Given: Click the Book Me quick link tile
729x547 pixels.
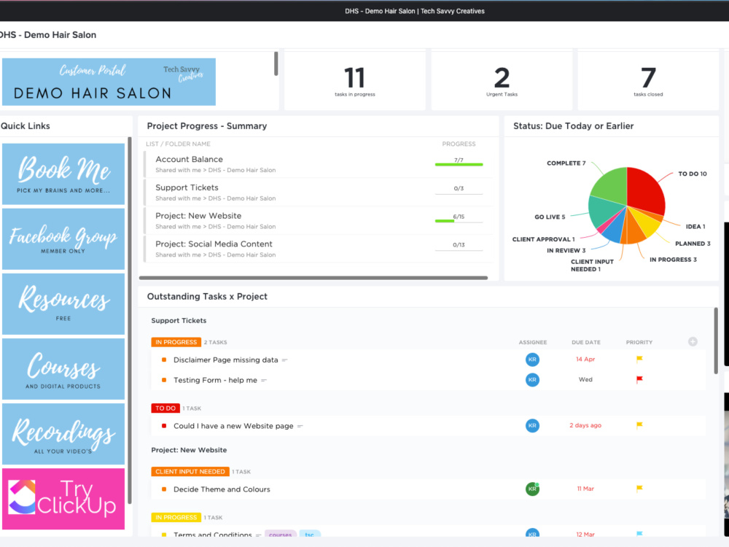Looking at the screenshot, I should click(x=63, y=174).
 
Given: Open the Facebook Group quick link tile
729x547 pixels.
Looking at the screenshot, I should click(x=63, y=238).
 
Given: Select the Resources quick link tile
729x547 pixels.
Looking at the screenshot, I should click(x=63, y=303).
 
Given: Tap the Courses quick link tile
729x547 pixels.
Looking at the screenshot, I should click(x=63, y=368).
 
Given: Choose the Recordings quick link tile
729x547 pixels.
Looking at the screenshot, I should click(x=63, y=434).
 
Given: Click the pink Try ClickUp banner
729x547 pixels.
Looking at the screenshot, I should click(x=63, y=499).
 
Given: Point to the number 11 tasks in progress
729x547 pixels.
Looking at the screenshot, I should click(x=354, y=77).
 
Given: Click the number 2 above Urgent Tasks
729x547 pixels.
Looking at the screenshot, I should click(x=502, y=77).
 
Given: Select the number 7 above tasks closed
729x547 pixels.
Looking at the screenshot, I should click(x=648, y=77).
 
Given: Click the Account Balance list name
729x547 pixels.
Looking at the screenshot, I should click(x=189, y=159).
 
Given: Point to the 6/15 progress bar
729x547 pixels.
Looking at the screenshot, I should click(x=459, y=220).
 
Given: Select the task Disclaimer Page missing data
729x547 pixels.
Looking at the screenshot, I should click(x=225, y=360).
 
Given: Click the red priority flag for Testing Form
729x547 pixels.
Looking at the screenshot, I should click(x=639, y=379).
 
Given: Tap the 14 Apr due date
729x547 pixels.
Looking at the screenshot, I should click(x=585, y=360).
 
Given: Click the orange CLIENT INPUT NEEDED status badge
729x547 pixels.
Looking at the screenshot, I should click(x=190, y=472).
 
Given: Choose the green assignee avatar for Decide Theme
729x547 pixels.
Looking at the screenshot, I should click(x=533, y=489).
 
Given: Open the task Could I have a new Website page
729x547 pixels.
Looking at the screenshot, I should click(x=233, y=426).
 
